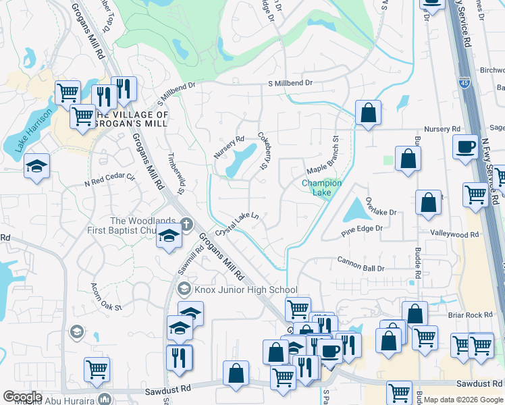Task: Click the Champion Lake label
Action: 321,188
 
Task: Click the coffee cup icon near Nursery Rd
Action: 465,147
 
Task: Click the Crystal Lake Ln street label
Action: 238,223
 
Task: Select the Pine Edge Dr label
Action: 361,229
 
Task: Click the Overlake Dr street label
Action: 380,207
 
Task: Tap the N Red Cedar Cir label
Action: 110,179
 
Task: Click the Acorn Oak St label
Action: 106,297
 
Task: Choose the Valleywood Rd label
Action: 454,233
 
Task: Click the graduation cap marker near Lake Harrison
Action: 36,165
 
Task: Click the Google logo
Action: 23,396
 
